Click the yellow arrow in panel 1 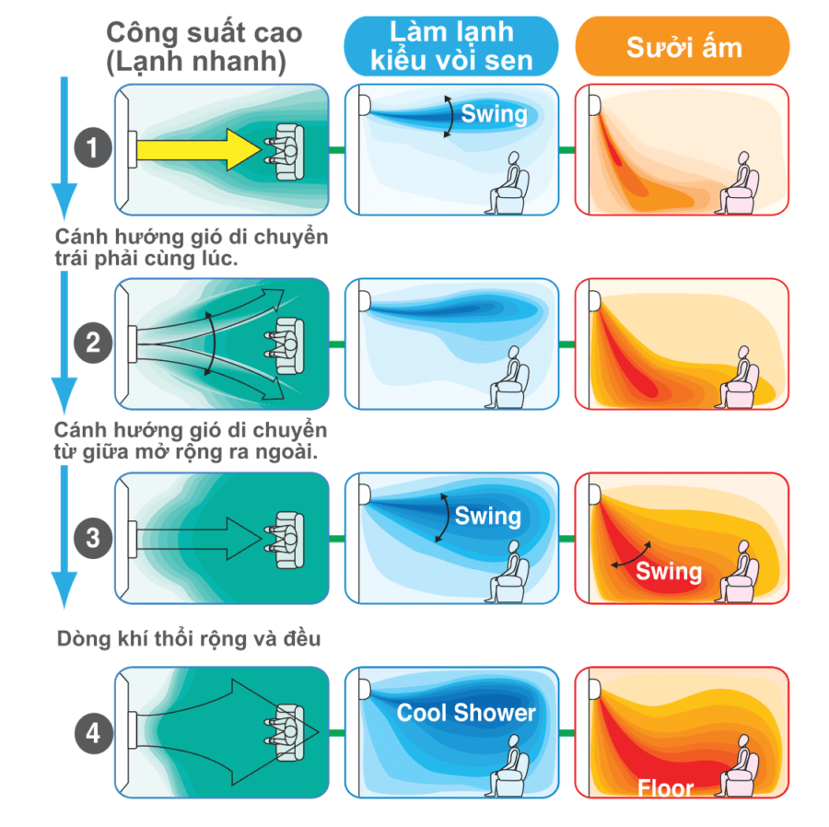pos(198,150)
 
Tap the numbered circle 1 pos(93,148)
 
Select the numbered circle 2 pos(93,344)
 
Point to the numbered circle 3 pos(93,539)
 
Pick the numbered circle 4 pos(94,733)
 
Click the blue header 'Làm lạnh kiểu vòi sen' pos(451,46)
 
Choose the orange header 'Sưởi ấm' pos(683,46)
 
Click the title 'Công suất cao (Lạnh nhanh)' pos(204,48)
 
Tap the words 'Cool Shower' pos(466,713)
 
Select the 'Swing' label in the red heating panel pos(669,572)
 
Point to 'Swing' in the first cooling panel pos(495,114)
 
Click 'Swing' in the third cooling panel pos(488,517)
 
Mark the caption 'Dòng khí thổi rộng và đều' pos(189,639)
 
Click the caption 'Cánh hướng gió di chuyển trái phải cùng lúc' pos(192,248)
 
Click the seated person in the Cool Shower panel pos(507,766)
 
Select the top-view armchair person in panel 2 pos(285,345)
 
